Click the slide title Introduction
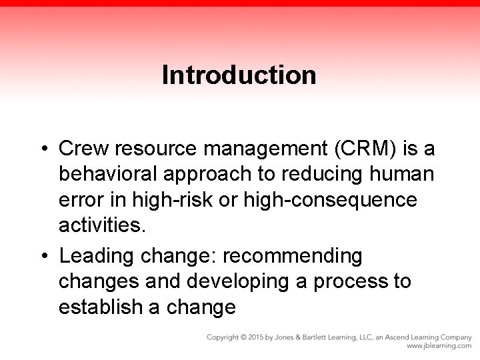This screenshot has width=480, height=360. pyautogui.click(x=239, y=75)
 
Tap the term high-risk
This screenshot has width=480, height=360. pyautogui.click(x=181, y=199)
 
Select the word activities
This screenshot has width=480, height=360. pyautogui.click(x=101, y=226)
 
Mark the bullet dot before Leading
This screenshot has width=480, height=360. pyautogui.click(x=44, y=255)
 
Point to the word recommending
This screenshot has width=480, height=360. pyautogui.click(x=293, y=255)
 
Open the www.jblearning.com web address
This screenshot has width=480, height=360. pyautogui.click(x=439, y=347)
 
